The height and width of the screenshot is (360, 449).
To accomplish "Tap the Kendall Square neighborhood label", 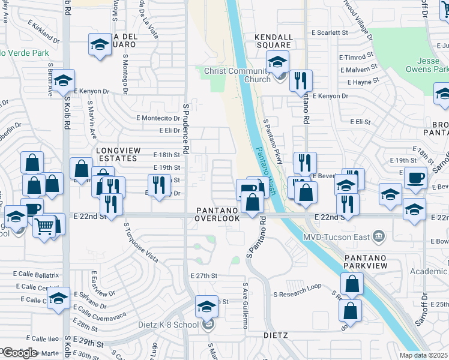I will pos(273,41).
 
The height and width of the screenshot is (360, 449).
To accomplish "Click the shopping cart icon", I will pos(44,226).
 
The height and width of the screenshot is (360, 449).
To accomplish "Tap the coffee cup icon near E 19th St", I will pos(415,178).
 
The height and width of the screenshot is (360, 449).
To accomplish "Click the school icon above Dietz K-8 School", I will pos(206,307).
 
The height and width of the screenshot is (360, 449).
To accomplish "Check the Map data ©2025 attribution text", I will pos(423,355).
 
